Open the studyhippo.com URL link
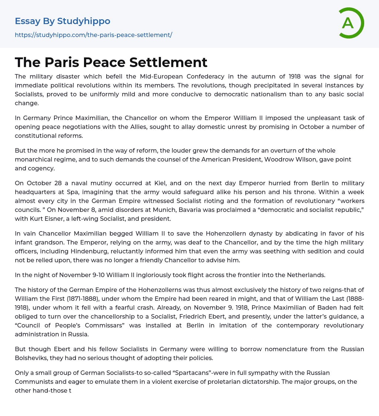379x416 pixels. [93, 35]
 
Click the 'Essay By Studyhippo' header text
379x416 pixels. [63, 21]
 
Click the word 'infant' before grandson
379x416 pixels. [24, 242]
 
